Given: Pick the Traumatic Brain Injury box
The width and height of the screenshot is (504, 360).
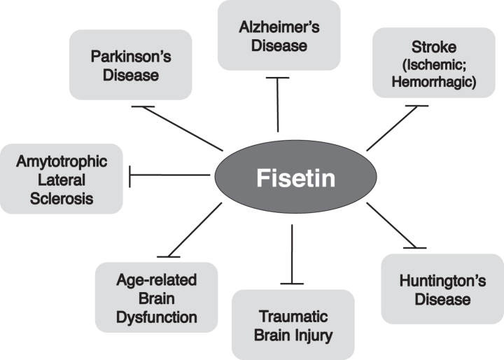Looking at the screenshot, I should [x=293, y=324].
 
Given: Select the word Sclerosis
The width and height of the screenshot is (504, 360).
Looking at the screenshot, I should [x=62, y=198].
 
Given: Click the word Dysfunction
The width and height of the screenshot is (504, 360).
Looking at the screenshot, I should [x=156, y=317].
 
